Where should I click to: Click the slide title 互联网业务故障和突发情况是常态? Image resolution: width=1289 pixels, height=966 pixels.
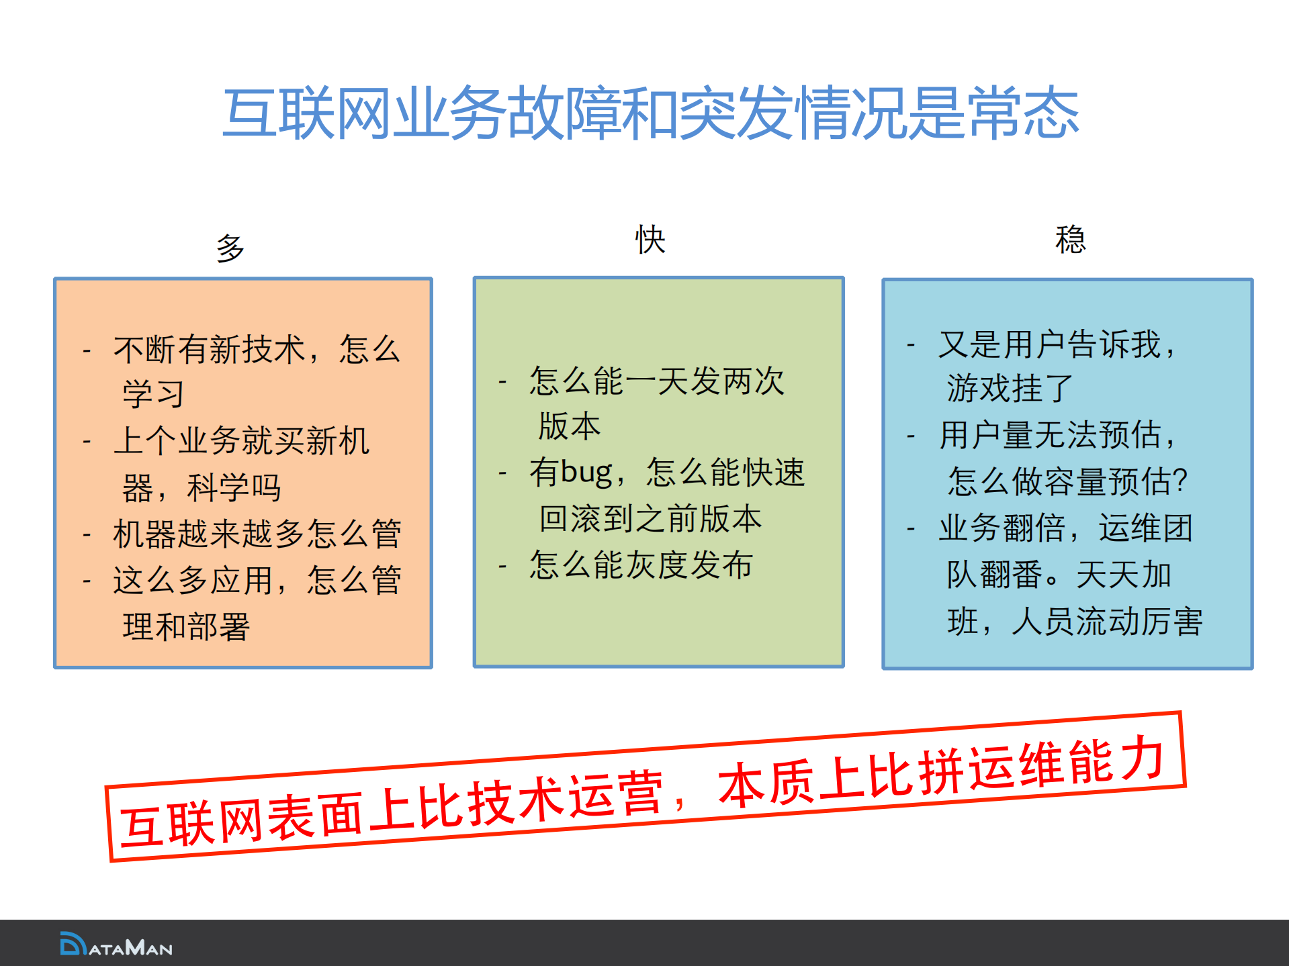(650, 114)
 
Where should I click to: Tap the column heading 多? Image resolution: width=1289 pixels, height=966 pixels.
(230, 248)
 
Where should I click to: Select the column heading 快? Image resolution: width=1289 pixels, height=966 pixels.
(650, 240)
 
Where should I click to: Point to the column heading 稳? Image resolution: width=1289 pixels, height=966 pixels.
(1070, 240)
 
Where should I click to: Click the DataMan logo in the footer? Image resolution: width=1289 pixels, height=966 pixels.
(116, 945)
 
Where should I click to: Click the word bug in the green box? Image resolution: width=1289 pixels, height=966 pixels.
(586, 472)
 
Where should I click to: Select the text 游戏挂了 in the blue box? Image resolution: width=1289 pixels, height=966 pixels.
(1010, 389)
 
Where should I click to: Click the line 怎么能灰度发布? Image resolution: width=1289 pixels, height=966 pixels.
(641, 565)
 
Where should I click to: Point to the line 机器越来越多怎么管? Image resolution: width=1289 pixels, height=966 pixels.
(257, 534)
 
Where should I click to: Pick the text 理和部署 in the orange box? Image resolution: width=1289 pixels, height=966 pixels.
(186, 627)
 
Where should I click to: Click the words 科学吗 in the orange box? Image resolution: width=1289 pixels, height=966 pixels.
(234, 487)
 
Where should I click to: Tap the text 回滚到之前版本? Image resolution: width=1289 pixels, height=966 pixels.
(650, 519)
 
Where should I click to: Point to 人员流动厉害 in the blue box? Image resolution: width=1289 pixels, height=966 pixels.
(1107, 622)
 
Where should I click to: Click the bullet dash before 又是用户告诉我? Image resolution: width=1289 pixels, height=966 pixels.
(911, 346)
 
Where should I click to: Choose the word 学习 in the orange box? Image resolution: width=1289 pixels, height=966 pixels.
(153, 394)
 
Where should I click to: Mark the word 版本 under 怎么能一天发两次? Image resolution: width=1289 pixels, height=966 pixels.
(570, 426)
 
